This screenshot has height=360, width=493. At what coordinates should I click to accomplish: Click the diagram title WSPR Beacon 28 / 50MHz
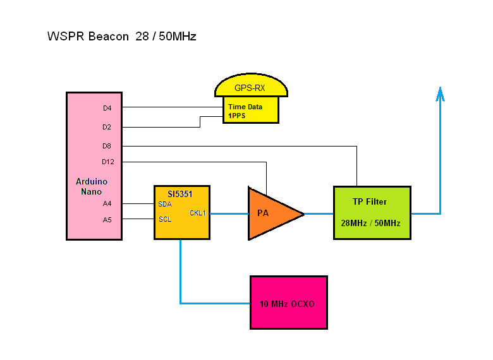[x=122, y=37]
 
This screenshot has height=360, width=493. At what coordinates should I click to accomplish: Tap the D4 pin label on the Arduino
[x=107, y=108]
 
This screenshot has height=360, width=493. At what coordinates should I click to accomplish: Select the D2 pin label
[x=107, y=127]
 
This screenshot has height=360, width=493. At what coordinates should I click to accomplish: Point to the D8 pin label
[x=107, y=146]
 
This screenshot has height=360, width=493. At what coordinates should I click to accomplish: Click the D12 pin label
[x=108, y=162]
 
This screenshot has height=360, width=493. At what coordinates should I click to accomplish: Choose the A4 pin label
[x=107, y=203]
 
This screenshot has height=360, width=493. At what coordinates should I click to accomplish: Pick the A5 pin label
[x=107, y=220]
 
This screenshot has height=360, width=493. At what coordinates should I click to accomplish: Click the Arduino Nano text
[x=92, y=186]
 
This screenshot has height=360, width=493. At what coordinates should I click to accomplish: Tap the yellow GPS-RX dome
[x=251, y=85]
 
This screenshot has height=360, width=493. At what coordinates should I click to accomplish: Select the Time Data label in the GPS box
[x=245, y=107]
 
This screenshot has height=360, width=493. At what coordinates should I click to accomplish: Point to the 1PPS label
[x=237, y=116]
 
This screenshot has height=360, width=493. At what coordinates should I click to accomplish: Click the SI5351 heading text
[x=180, y=194]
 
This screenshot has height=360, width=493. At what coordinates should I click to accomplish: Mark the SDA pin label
[x=165, y=204]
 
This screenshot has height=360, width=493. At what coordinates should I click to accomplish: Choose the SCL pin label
[x=165, y=219]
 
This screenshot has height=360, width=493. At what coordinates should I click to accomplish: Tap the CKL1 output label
[x=198, y=213]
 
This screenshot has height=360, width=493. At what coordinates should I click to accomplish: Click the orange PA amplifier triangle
[x=271, y=213]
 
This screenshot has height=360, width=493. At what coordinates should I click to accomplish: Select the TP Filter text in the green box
[x=370, y=201]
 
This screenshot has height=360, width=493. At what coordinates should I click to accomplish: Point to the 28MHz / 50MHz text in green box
[x=370, y=223]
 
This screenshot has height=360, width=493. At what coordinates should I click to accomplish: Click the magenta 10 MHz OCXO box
[x=289, y=303]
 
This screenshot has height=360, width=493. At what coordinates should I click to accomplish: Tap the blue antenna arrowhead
[x=440, y=94]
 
